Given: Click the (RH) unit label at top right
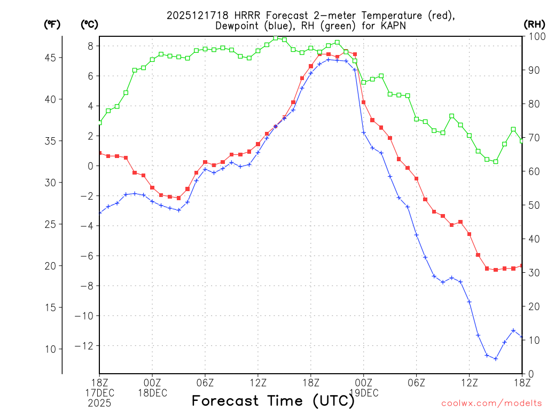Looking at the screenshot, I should [534, 24].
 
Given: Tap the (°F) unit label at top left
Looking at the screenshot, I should [52, 24].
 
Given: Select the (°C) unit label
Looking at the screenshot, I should [89, 24].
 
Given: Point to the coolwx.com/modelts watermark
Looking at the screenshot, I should [491, 403].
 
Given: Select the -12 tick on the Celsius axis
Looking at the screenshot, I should [85, 346].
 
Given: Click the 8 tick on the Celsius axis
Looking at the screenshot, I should [90, 46].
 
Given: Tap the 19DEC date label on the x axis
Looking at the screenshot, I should [363, 393].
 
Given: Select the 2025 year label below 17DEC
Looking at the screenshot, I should [99, 403].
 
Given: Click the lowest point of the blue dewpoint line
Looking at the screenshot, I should [496, 359].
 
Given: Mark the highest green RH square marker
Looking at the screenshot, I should [276, 38].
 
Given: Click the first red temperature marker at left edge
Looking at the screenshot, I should [99, 153].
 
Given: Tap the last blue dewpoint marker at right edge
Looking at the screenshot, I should [522, 337].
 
